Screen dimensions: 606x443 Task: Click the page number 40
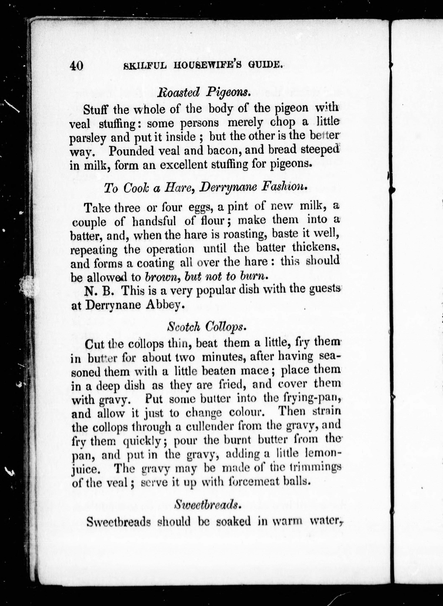pos(77,65)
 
